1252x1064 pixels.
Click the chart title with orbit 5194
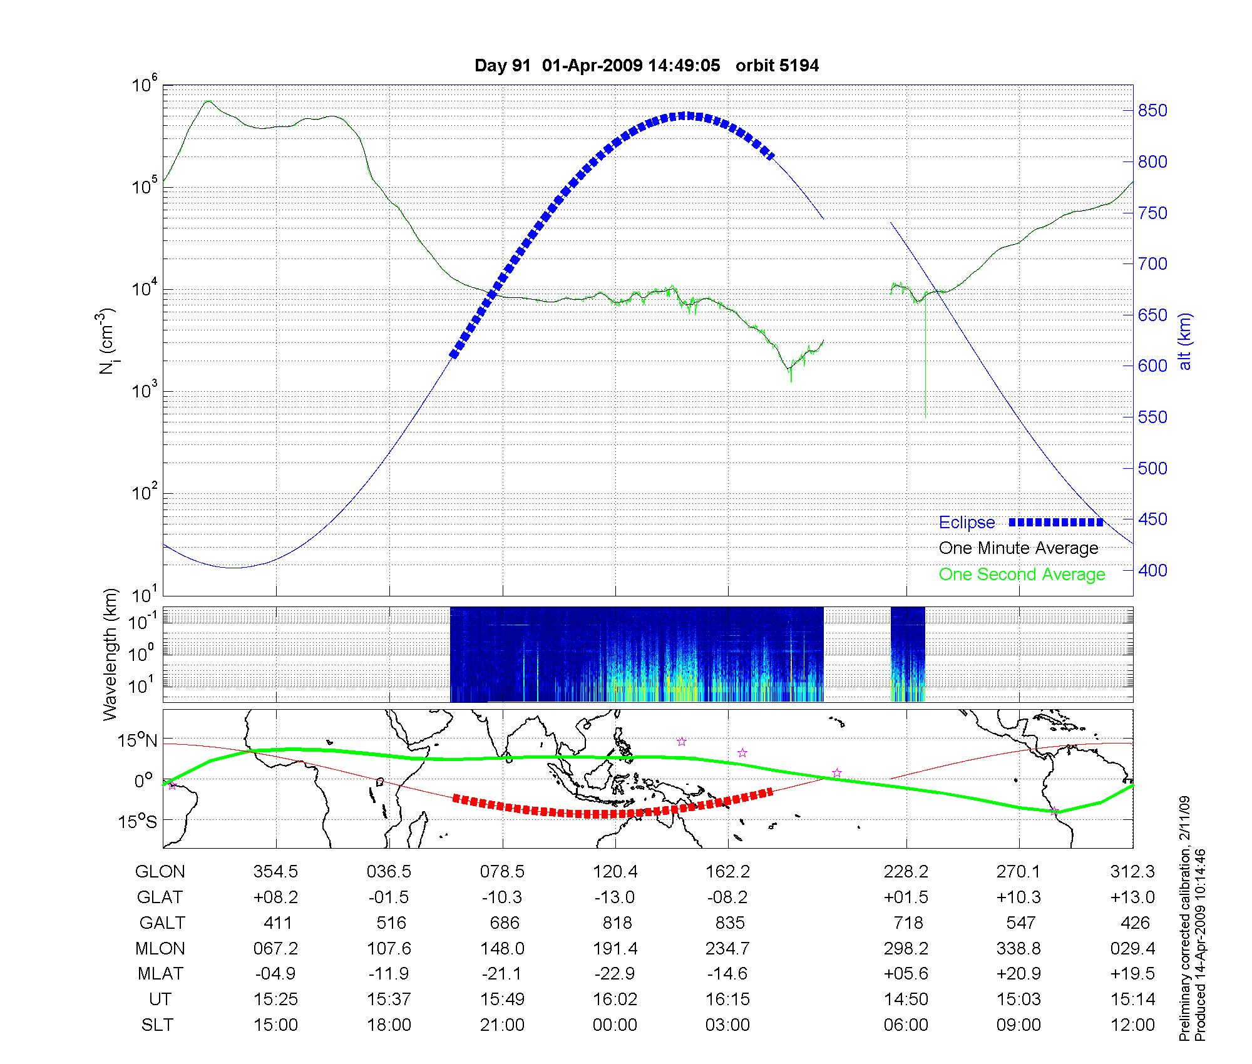646,66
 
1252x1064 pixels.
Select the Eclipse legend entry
967,523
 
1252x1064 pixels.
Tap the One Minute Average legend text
1019,548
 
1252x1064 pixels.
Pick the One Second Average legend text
1022,575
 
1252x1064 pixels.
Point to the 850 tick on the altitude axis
1152,111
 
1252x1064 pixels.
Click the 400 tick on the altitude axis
1152,570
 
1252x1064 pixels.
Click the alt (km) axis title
1185,341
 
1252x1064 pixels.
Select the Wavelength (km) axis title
110,655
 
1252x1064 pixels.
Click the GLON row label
160,872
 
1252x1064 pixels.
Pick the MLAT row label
160,974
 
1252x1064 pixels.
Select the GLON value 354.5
275,872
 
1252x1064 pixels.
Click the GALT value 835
729,923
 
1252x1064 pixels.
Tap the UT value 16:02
615,1000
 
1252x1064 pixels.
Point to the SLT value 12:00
1133,1025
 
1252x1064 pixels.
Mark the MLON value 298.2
906,949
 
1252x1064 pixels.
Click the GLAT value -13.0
615,898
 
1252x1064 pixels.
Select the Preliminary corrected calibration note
1184,919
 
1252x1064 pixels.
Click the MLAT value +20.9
1019,974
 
